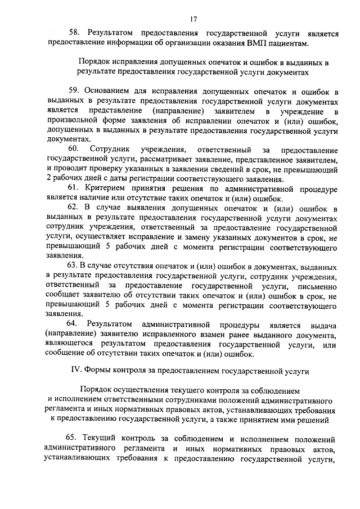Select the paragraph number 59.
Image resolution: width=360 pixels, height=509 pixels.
point(74,91)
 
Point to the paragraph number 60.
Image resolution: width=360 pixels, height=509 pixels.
point(74,149)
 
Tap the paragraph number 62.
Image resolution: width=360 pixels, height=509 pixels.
point(74,208)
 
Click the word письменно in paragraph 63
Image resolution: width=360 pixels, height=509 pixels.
point(317,285)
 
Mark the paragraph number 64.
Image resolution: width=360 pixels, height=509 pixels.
point(74,324)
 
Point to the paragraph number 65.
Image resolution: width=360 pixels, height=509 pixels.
point(74,438)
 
